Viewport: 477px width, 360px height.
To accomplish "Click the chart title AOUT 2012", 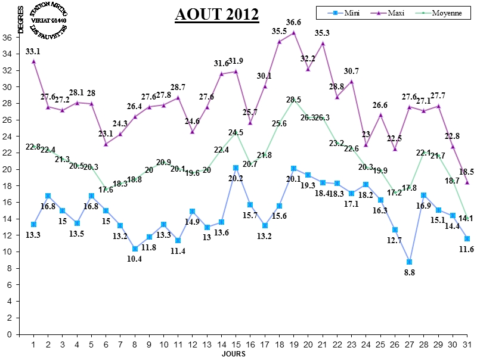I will pyautogui.click(x=217, y=14).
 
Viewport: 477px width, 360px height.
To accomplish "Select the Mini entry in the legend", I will pyautogui.click(x=344, y=13).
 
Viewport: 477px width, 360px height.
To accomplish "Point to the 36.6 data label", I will pyautogui.click(x=293, y=22).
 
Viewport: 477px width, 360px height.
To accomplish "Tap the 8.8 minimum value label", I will pyautogui.click(x=409, y=273).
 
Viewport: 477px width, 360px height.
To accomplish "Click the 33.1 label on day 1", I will pyautogui.click(x=33, y=51).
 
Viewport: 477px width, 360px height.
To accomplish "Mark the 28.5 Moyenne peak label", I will pyautogui.click(x=293, y=100).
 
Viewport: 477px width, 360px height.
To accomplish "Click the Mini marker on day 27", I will pyautogui.click(x=409, y=262).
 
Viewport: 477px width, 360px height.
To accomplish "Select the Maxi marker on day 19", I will pyautogui.click(x=293, y=32).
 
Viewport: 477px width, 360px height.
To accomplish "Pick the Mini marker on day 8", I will pyautogui.click(x=135, y=249).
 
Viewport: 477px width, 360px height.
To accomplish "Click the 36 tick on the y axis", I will pyautogui.click(x=8, y=37).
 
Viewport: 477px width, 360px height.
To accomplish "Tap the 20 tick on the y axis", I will pyautogui.click(x=8, y=169).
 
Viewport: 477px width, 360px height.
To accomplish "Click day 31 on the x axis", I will pyautogui.click(x=467, y=345).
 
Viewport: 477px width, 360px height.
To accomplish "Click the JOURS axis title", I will pyautogui.click(x=234, y=354).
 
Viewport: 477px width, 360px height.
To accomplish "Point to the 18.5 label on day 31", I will pyautogui.click(x=467, y=172).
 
